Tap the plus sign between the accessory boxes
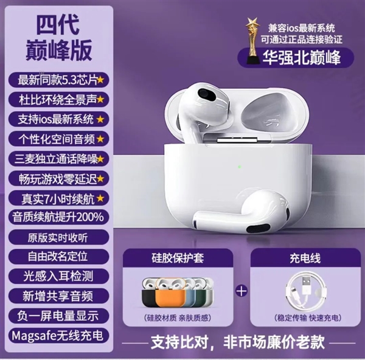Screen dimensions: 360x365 tap(242, 291)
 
